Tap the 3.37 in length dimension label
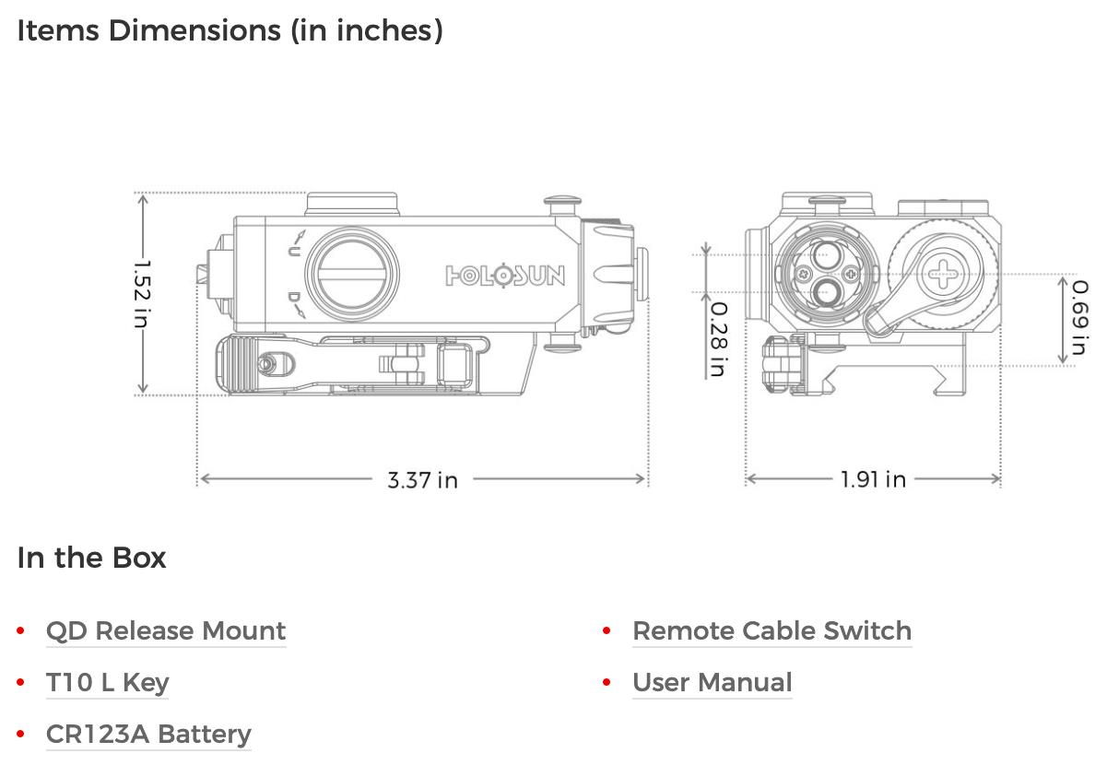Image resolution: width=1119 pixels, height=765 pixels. (x=422, y=479)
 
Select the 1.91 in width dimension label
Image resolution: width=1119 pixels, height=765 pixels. (x=873, y=479)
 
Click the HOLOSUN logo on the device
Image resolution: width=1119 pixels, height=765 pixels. (x=505, y=276)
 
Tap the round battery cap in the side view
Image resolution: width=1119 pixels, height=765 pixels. (x=354, y=273)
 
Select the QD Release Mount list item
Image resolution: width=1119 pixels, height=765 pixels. (x=166, y=631)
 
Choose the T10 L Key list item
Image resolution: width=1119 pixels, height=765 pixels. (x=108, y=683)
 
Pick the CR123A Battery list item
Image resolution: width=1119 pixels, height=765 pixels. (x=148, y=735)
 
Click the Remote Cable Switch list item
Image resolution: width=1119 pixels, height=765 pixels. (x=772, y=631)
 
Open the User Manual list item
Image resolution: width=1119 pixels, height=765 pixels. (x=712, y=683)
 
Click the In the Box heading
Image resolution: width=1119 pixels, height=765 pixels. (x=92, y=558)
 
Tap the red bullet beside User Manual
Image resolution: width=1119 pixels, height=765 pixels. (x=607, y=683)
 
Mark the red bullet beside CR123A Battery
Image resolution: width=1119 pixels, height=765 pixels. (x=20, y=735)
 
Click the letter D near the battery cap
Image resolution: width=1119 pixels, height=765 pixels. (x=293, y=298)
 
